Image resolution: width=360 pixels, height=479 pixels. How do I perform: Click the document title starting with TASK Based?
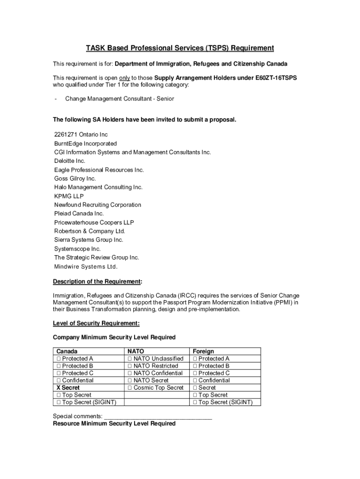pos(180,48)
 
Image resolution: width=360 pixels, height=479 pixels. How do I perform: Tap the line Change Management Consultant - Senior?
pos(119,99)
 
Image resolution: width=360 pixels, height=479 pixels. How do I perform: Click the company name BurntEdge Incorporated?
pos(85,144)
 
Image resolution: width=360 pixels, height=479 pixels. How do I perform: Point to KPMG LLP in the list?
pos(69,196)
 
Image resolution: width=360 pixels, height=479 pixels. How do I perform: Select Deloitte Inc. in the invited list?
pos(70,161)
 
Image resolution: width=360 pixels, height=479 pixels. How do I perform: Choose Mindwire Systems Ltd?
pos(86,267)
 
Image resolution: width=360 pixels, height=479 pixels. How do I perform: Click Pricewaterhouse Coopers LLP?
pos(94,223)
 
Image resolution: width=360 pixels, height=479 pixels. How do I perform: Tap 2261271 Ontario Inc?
pos(81,135)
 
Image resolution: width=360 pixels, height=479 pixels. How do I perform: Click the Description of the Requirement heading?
pos(97,282)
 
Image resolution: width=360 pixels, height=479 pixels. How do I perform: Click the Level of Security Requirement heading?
pos(96,323)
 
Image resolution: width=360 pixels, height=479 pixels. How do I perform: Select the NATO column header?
pos(136,351)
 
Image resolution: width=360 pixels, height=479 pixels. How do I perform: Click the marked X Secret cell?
pos(68,388)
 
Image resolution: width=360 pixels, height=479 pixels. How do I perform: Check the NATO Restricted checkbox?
pos(130,366)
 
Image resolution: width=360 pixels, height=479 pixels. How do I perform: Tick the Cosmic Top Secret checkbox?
pos(130,388)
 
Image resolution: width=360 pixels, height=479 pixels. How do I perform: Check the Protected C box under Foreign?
pos(195,373)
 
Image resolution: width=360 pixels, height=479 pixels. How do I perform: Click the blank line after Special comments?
pos(158,416)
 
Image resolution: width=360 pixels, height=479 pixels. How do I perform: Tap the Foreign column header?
pos(203,351)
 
